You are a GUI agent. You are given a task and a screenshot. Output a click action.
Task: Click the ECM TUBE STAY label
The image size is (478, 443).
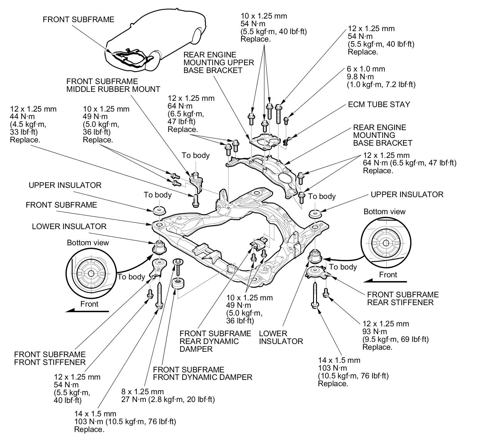[379, 104]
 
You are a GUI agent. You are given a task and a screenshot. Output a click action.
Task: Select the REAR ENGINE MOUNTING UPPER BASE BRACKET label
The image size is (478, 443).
[218, 63]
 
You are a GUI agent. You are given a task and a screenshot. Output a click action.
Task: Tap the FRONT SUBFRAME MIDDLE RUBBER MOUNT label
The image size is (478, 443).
[113, 85]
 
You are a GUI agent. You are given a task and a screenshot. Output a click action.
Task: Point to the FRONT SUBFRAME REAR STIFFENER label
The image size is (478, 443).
[402, 299]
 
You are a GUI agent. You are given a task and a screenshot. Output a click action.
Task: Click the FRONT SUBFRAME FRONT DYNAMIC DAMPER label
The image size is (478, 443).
[202, 373]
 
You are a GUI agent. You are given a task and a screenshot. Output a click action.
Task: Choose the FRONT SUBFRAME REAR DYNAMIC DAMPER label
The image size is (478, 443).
[215, 341]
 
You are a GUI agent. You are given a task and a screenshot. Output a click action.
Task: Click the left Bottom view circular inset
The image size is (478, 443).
[90, 273]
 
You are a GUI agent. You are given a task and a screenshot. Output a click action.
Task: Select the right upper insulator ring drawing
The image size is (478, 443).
[315, 214]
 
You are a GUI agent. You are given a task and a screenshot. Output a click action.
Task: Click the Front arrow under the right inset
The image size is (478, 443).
[385, 281]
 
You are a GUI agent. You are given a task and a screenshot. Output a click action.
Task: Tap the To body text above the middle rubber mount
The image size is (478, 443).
[196, 155]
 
